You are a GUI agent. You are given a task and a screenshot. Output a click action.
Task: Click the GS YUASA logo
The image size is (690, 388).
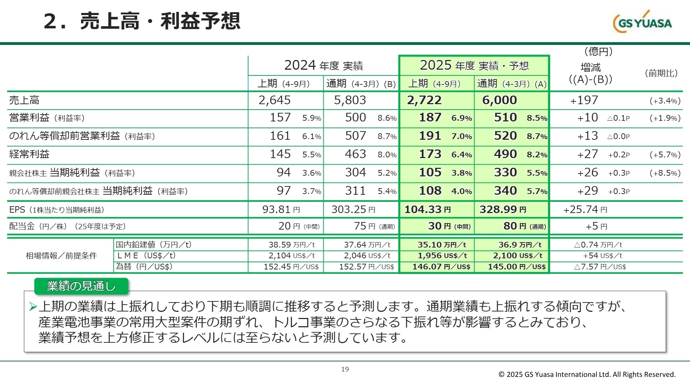pyautogui.click(x=642, y=22)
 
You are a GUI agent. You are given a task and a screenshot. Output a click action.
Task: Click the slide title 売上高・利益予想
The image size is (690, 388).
pyautogui.click(x=142, y=21)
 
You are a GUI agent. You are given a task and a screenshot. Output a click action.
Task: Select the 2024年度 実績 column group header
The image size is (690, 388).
pyautogui.click(x=323, y=65)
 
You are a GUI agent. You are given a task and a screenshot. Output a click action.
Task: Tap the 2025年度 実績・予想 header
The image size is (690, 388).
pyautogui.click(x=474, y=65)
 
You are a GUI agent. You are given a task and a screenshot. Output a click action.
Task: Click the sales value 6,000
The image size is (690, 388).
pyautogui.click(x=500, y=100)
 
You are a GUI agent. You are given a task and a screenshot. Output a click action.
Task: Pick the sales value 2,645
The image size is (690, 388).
pyautogui.click(x=275, y=100)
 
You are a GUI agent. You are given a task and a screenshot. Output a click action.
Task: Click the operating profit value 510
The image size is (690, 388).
pyautogui.click(x=505, y=117)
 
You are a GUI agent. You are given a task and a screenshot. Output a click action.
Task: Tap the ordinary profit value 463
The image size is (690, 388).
pyautogui.click(x=355, y=154)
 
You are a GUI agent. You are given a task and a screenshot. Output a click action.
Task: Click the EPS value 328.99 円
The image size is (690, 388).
pyautogui.click(x=502, y=209)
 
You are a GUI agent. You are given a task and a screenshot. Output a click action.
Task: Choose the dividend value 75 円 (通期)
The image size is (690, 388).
pyautogui.click(x=374, y=226)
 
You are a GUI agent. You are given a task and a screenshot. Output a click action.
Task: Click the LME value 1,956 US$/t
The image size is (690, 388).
pyautogui.click(x=442, y=255)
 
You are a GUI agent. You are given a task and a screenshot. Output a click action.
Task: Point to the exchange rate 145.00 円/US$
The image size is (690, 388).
pyautogui.click(x=516, y=267)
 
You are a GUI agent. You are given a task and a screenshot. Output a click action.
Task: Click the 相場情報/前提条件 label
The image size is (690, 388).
pyautogui.click(x=61, y=255)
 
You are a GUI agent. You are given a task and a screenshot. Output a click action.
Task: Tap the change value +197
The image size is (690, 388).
pyautogui.click(x=584, y=100)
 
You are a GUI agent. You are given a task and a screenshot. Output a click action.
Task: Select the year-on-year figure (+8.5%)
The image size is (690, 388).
pyautogui.click(x=665, y=173)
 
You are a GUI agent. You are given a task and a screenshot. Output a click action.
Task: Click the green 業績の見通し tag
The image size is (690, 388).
pyautogui.click(x=81, y=286)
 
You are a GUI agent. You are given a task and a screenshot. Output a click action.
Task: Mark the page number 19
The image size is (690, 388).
pyautogui.click(x=345, y=369)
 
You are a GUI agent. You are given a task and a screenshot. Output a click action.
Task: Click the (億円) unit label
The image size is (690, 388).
pyautogui.click(x=598, y=51)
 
